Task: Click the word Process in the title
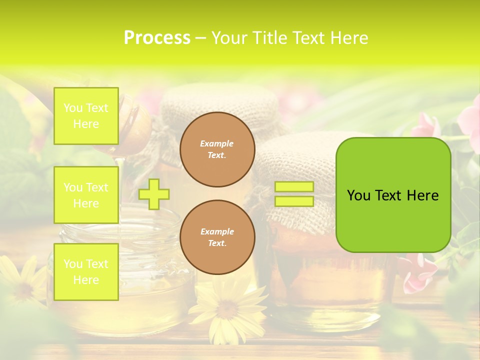tap(157, 38)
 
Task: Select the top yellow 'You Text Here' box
tap(86, 116)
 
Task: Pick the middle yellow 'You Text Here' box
tap(86, 195)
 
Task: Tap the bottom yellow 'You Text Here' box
tap(86, 271)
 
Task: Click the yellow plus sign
tap(154, 194)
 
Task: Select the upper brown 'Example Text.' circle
tap(217, 149)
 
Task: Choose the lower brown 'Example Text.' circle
tap(217, 237)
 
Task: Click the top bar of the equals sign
tap(294, 187)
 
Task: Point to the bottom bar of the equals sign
tap(294, 201)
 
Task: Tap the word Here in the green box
tap(422, 195)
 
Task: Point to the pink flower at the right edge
tap(470, 120)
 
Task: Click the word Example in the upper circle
tap(217, 143)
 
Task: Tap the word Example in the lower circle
tap(217, 231)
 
